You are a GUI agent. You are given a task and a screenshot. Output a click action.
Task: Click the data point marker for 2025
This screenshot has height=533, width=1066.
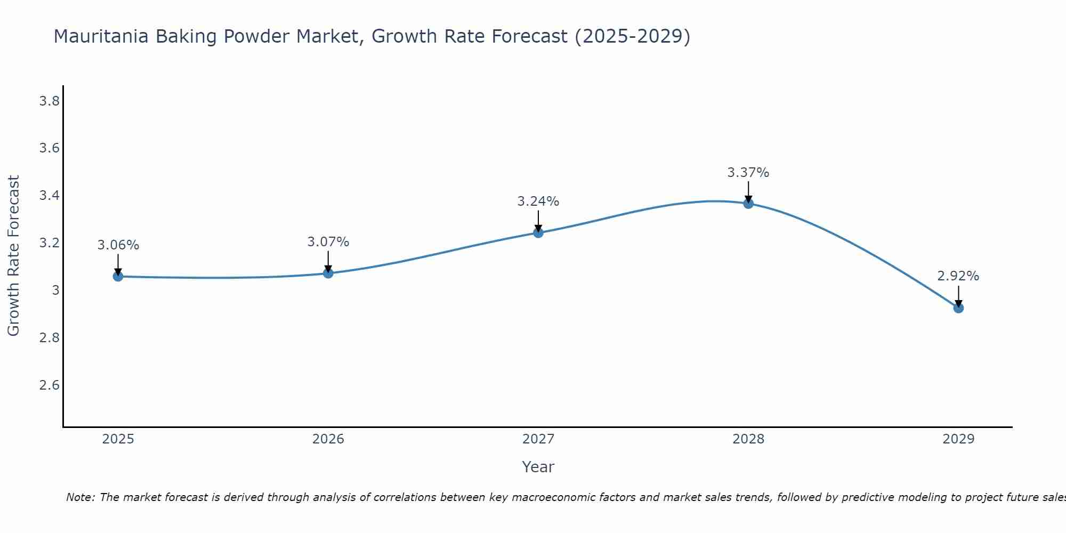(118, 276)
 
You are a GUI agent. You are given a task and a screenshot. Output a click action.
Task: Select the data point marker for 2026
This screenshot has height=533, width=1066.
(328, 273)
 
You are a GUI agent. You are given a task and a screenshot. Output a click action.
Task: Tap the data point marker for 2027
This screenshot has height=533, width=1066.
(538, 232)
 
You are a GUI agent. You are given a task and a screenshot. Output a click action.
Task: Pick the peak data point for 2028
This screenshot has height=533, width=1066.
(748, 203)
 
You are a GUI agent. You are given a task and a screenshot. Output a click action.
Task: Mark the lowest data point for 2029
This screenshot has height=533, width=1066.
(958, 308)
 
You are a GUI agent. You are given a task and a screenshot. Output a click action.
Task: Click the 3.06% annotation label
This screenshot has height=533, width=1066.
(118, 245)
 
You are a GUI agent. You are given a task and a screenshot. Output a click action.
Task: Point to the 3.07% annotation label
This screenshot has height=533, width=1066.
(328, 242)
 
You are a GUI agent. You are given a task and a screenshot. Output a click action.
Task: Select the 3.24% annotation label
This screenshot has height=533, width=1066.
(538, 201)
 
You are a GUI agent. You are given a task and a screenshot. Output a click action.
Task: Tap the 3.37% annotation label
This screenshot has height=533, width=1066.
(748, 173)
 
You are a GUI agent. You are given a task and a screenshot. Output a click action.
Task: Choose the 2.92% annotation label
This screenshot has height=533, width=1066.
(958, 276)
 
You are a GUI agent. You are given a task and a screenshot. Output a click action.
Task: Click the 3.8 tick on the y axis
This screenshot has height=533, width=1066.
(49, 101)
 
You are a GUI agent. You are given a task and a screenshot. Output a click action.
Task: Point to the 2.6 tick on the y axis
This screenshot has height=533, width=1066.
(49, 385)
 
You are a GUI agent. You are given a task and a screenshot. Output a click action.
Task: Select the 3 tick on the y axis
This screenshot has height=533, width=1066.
(55, 290)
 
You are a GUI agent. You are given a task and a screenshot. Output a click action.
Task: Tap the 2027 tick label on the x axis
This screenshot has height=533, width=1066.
(538, 439)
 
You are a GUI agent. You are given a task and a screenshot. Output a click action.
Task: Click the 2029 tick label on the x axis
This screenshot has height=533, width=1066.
(958, 439)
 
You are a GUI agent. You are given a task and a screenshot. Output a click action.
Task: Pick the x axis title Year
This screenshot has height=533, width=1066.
(538, 467)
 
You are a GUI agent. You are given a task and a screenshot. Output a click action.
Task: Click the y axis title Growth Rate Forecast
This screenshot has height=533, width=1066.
(13, 256)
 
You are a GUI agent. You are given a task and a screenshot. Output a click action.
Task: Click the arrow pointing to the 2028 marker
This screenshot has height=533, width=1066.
(748, 192)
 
